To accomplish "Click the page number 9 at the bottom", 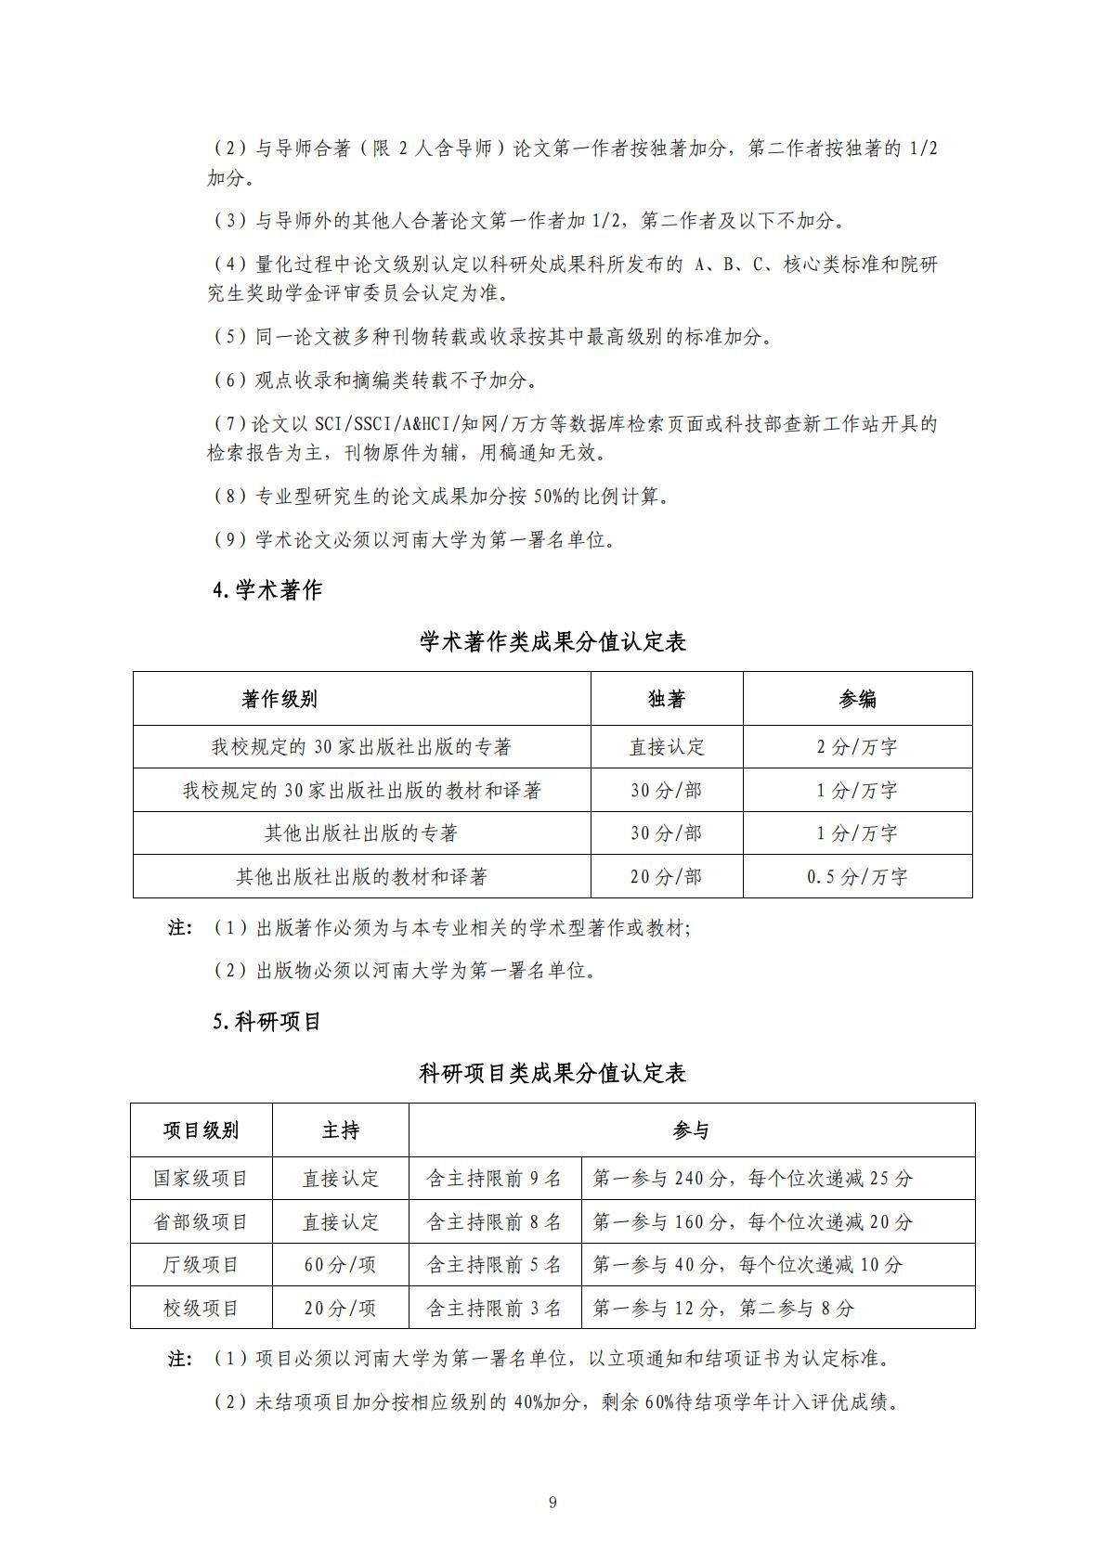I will tap(552, 1503).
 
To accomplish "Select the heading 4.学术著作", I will tap(267, 590).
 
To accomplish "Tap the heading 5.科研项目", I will tap(267, 1022).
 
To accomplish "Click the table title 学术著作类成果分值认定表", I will tap(552, 642).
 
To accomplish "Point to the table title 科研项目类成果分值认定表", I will tap(552, 1074).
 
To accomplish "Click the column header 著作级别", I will tap(279, 699).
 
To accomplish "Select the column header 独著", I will tap(667, 699).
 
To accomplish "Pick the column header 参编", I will tap(857, 699).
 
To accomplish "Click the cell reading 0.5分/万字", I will tap(857, 877).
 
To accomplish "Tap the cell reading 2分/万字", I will tap(857, 747).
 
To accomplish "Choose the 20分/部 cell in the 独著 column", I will tap(667, 877).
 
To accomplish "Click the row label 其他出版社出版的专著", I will tap(361, 833).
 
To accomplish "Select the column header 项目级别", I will tap(201, 1130).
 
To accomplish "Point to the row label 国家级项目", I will tap(201, 1179).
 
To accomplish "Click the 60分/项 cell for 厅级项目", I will tap(340, 1265).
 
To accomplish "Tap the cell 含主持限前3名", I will tap(494, 1309).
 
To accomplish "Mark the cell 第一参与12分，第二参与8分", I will tap(722, 1309).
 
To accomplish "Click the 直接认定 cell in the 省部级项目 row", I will tap(340, 1222).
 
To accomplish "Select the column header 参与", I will tap(691, 1130).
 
